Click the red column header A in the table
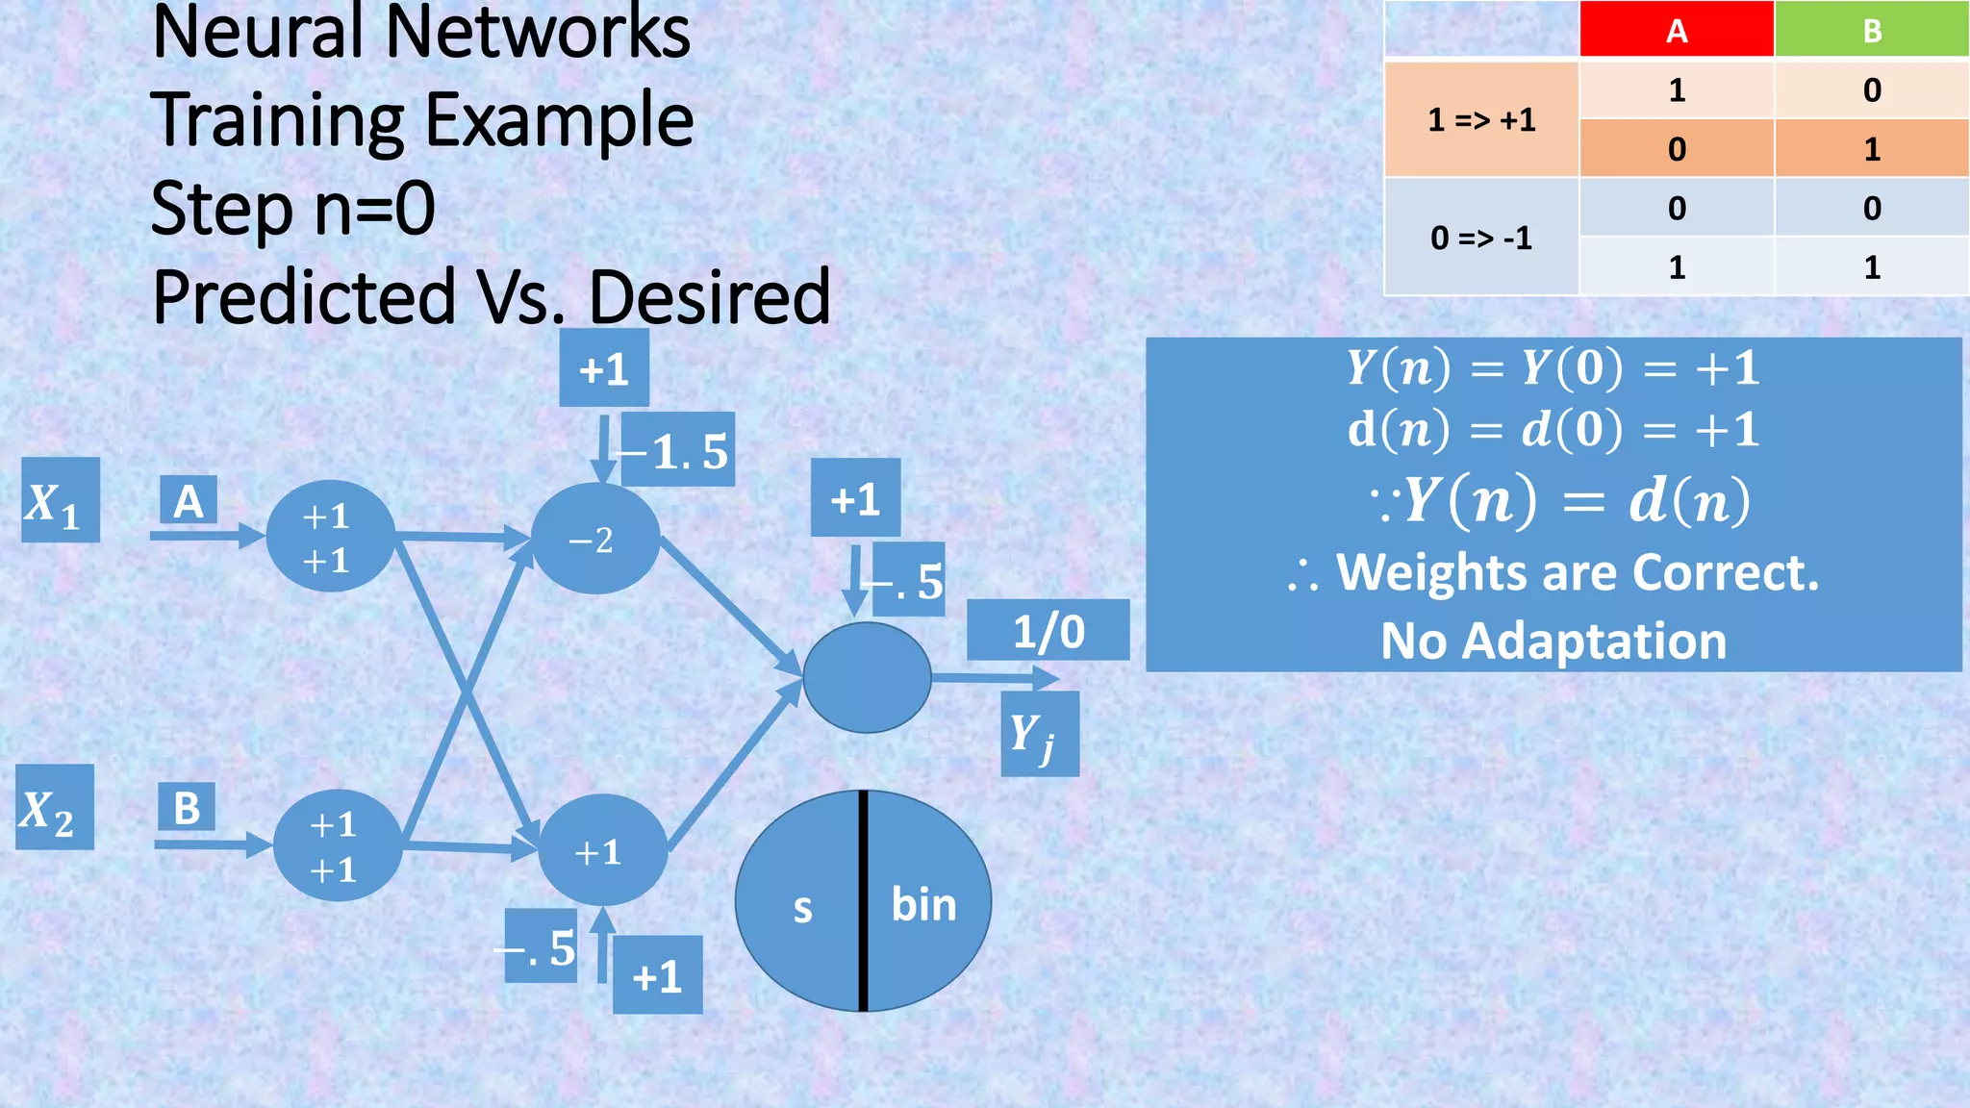pos(1676,30)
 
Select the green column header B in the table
pos(1871,30)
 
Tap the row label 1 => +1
pos(1481,120)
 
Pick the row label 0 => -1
pos(1481,238)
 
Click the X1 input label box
pos(60,500)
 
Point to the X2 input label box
pos(55,808)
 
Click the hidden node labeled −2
pos(594,539)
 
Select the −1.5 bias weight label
pos(679,450)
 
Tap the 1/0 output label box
pos(1048,631)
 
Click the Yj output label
pos(1039,735)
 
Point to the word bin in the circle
pos(923,905)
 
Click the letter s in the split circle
pos(802,908)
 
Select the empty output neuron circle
pos(867,677)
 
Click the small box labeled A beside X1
pos(188,501)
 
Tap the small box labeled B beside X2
pos(187,807)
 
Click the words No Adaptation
pos(1553,641)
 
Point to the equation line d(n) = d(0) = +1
pos(1553,429)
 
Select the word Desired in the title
pos(709,296)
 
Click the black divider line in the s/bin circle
pos(863,900)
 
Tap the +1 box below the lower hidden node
pos(657,975)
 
